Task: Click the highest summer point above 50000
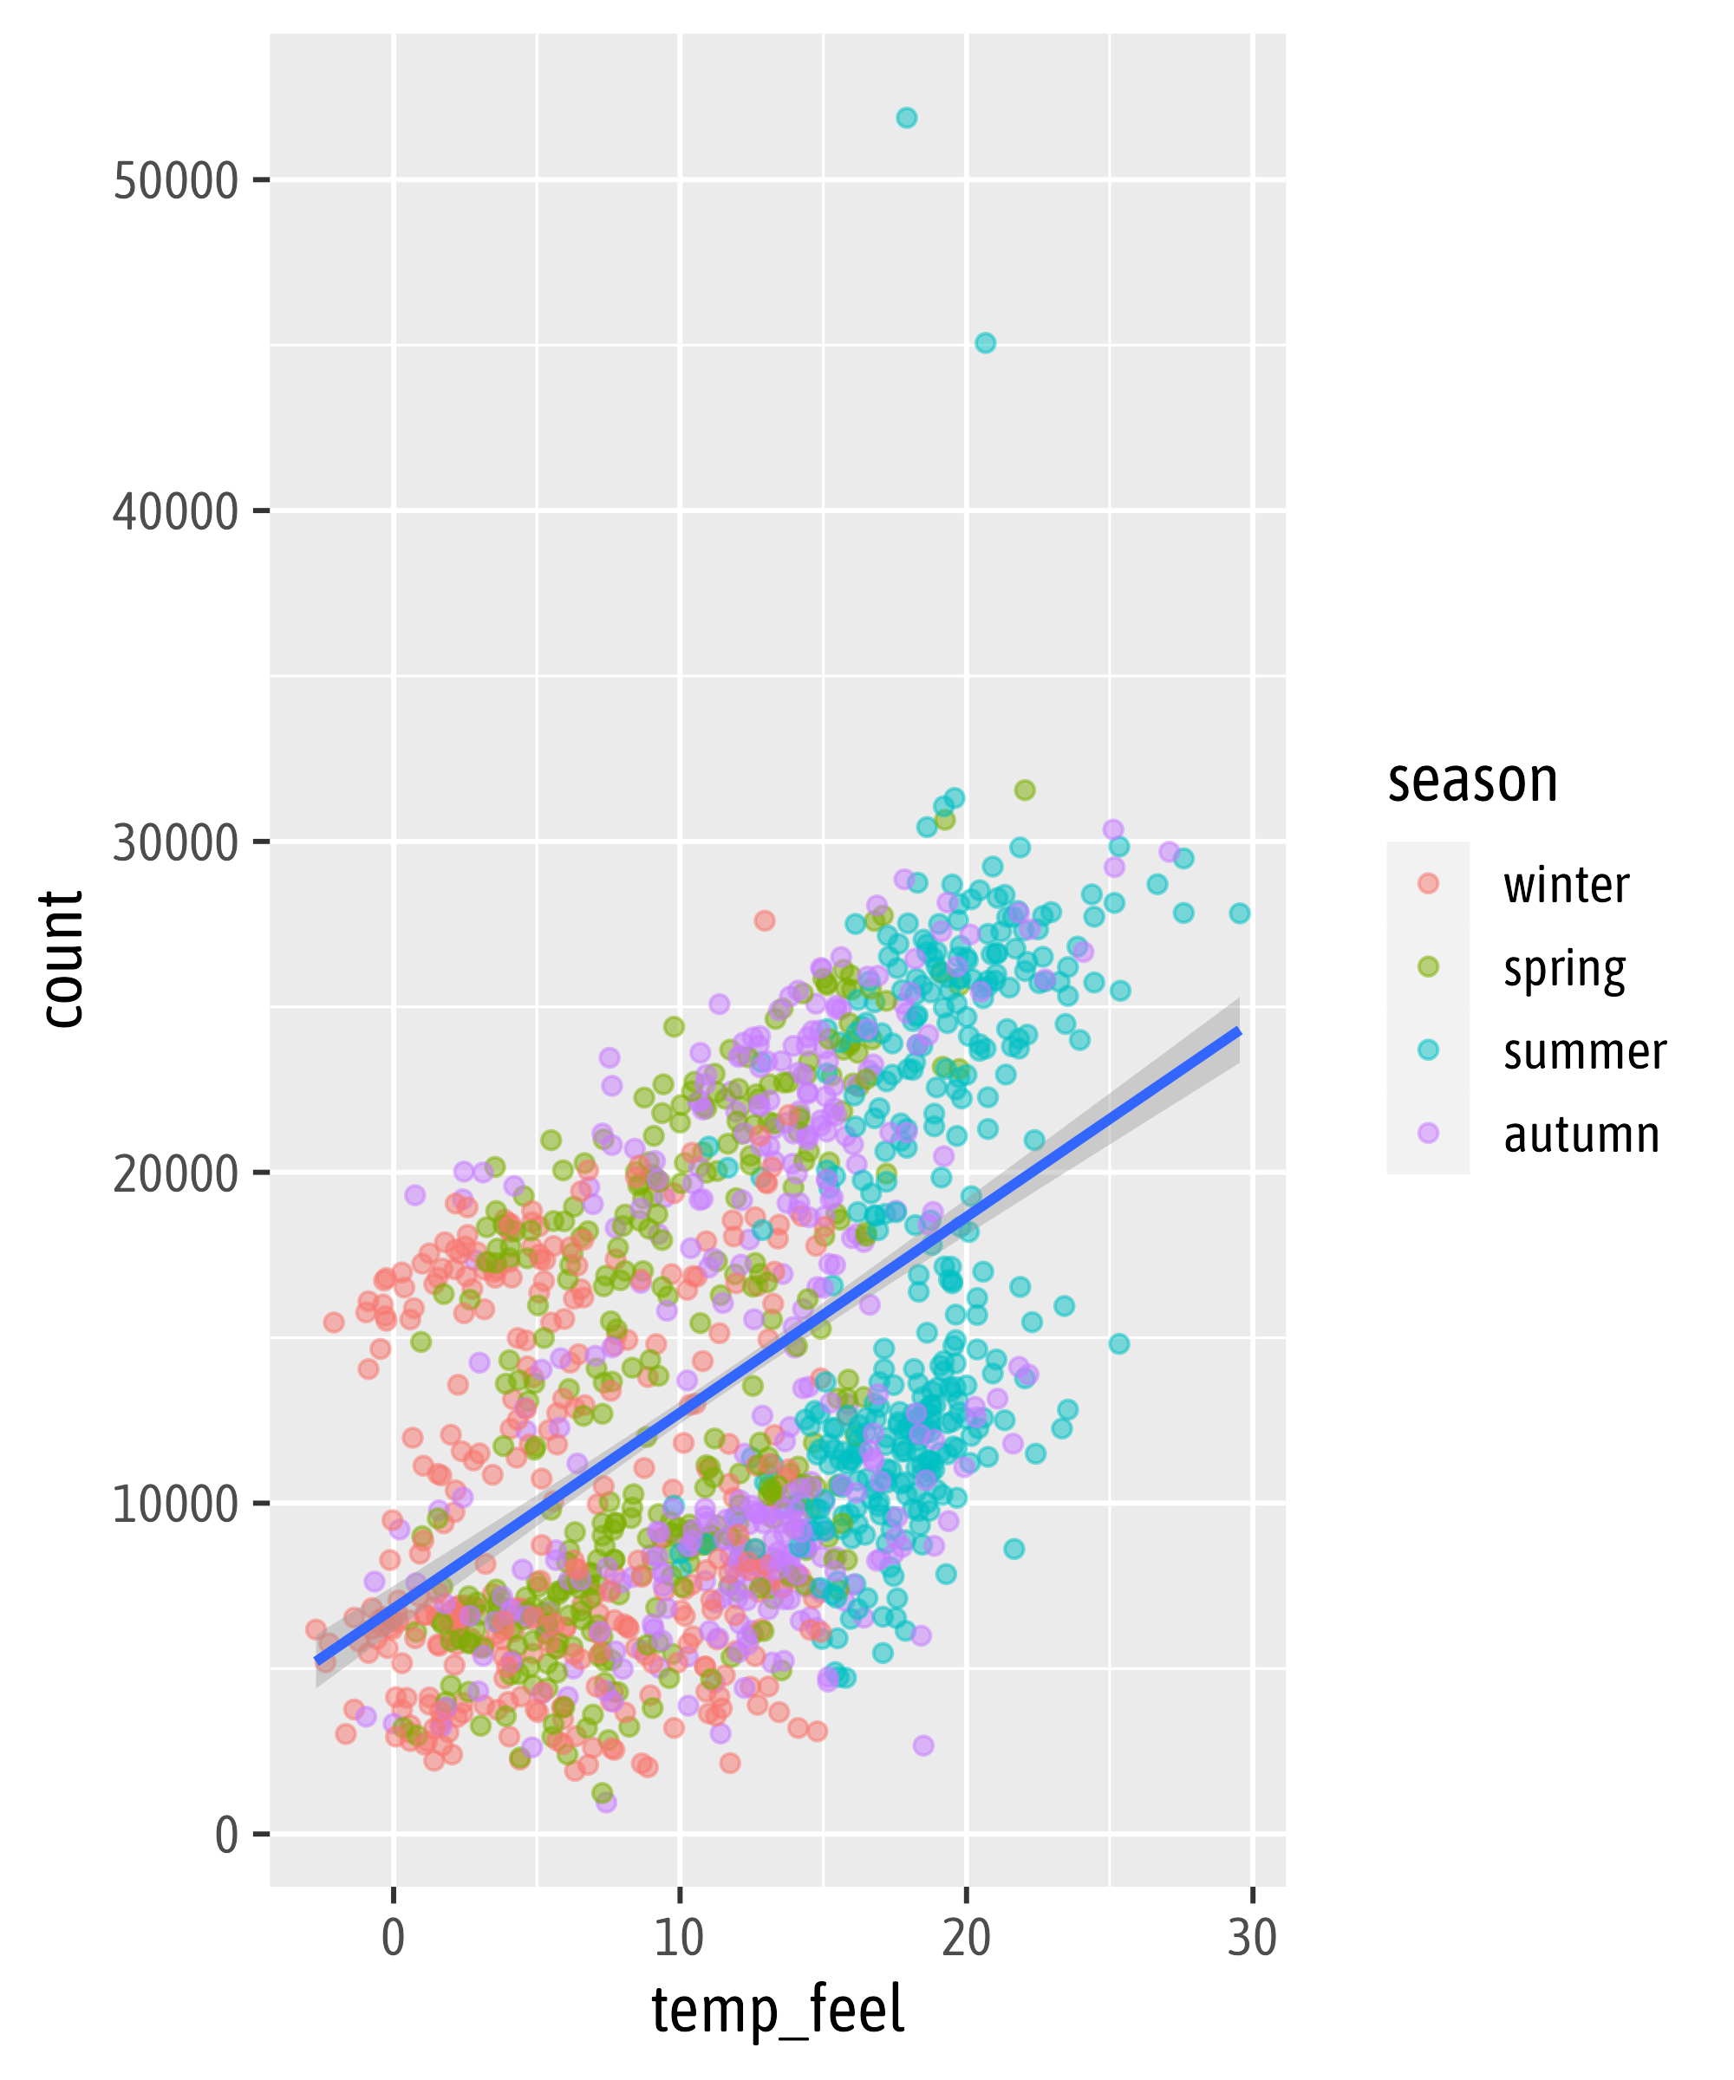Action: click(x=906, y=118)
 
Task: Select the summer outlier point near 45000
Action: click(x=985, y=342)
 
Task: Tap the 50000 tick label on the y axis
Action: click(x=175, y=181)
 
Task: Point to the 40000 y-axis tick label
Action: click(x=175, y=512)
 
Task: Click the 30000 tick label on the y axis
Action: click(x=175, y=843)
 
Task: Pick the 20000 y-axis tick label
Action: click(x=175, y=1173)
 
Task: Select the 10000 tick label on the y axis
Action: click(x=175, y=1505)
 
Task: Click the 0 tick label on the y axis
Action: click(x=227, y=1836)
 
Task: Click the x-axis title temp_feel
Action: click(x=778, y=2011)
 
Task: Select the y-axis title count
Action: click(x=62, y=959)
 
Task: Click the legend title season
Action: click(x=1472, y=781)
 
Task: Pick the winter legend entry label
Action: click(x=1566, y=885)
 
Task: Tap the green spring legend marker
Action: click(x=1428, y=966)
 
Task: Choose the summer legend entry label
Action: click(x=1584, y=1051)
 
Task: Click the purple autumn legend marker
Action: click(x=1428, y=1133)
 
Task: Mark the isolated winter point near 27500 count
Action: click(x=764, y=920)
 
